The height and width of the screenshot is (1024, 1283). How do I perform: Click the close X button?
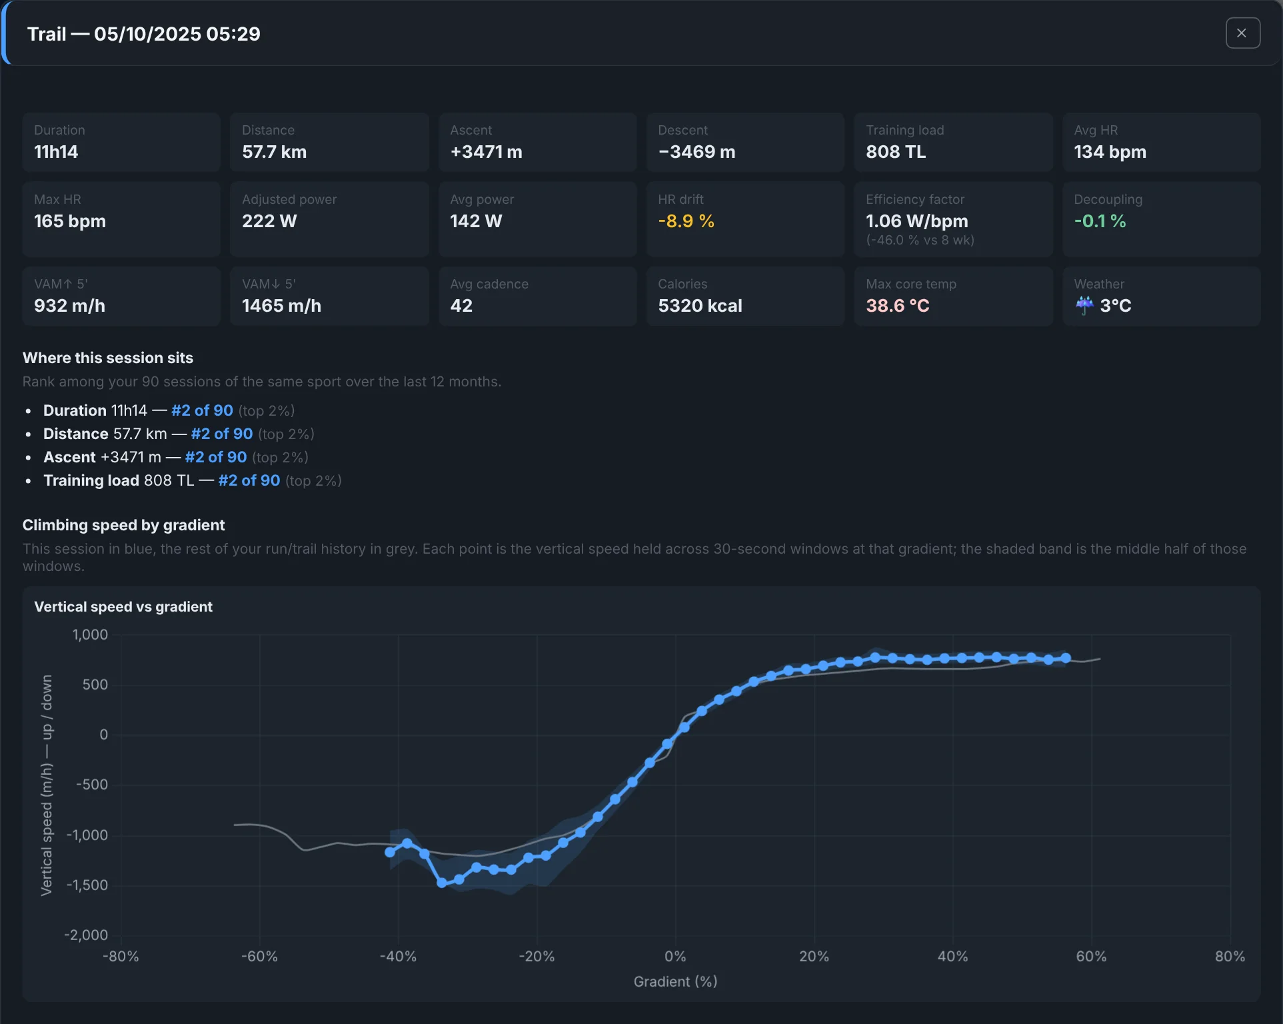click(x=1242, y=33)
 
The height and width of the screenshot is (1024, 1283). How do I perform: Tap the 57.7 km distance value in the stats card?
click(x=274, y=152)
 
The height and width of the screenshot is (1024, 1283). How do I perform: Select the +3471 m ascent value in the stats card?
click(x=486, y=152)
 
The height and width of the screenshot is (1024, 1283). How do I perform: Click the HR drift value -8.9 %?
click(x=686, y=221)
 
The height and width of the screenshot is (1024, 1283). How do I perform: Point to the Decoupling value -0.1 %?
click(x=1100, y=221)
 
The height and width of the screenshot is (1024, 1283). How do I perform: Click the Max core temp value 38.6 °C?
click(x=897, y=306)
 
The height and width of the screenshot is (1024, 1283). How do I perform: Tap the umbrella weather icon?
click(x=1084, y=305)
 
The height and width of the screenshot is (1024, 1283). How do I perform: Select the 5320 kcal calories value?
click(x=700, y=306)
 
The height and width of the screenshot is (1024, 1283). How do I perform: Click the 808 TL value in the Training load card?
click(x=895, y=152)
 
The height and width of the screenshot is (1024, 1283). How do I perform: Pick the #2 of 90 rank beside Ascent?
click(x=216, y=457)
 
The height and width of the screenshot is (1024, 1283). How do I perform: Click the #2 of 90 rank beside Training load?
click(x=249, y=480)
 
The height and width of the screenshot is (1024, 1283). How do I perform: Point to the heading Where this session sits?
click(x=108, y=358)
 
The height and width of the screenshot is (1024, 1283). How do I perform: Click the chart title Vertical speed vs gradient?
click(x=123, y=607)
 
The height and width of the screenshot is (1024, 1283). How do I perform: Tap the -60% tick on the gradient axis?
click(x=259, y=957)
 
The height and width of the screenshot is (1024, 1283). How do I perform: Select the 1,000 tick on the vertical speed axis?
click(x=90, y=635)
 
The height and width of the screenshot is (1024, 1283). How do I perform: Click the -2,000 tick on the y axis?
click(x=86, y=935)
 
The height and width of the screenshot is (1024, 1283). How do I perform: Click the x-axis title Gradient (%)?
click(x=675, y=981)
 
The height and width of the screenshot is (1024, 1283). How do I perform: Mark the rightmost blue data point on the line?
click(x=1066, y=658)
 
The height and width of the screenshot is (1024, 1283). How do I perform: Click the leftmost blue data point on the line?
click(x=390, y=852)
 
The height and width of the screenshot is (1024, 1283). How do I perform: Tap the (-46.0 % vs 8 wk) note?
click(x=920, y=240)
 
